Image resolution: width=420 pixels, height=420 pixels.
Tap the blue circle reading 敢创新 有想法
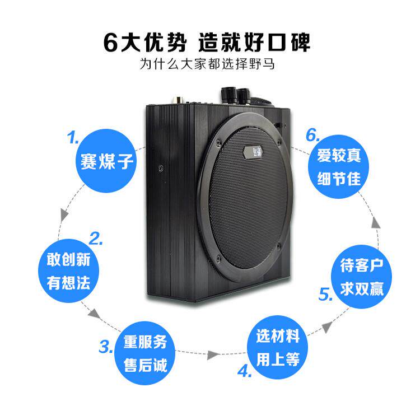(68, 269)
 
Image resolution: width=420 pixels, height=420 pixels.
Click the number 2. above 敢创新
(96, 240)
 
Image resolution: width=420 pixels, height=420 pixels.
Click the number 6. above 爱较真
(312, 135)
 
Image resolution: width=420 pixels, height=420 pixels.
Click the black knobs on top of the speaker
(236, 94)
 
